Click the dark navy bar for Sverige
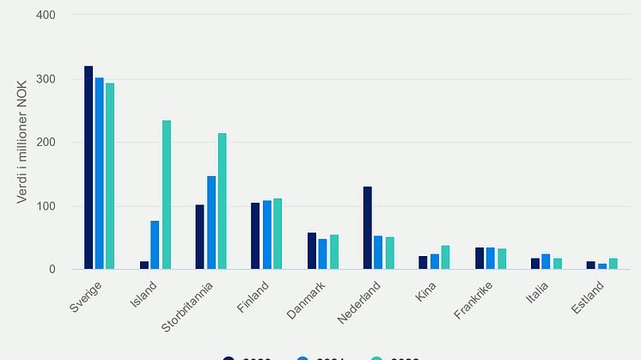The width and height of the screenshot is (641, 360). [89, 168]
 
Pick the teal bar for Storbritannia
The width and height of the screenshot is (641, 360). [223, 201]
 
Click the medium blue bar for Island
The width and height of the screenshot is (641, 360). [155, 245]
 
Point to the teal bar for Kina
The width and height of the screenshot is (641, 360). [445, 258]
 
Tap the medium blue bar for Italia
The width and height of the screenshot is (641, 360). [546, 261]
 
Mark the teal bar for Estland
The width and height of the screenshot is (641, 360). [613, 264]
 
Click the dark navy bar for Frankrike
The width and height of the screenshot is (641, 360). [479, 259]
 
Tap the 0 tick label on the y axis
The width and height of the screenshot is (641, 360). [52, 270]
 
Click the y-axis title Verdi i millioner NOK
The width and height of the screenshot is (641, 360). [22, 143]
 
